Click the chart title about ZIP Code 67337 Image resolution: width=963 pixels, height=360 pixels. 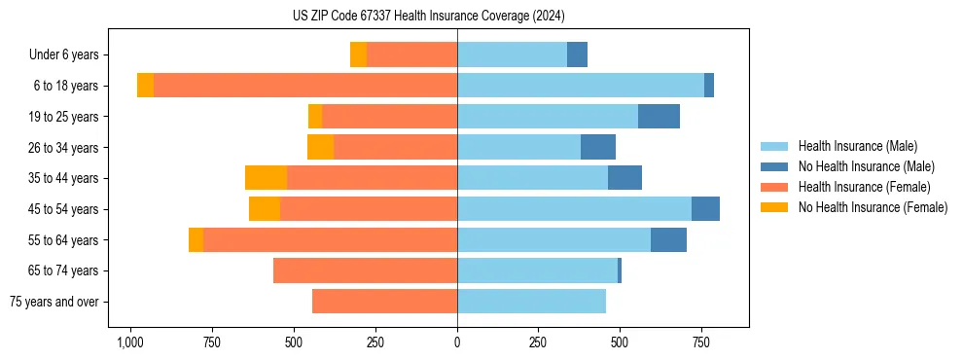pos(428,17)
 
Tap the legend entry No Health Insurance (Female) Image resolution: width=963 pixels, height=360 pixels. pos(873,207)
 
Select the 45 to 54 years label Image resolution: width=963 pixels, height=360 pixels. pos(64,209)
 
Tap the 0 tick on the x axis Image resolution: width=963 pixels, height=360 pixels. pos(457,342)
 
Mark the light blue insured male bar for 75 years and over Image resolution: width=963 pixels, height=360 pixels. pos(531,302)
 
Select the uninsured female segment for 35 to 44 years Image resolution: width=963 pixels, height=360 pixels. pos(266,178)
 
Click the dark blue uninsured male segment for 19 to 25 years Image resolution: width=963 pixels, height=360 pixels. pos(659,117)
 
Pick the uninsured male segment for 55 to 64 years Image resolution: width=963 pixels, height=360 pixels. pos(668,239)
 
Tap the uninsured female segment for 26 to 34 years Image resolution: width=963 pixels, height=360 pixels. pos(320,147)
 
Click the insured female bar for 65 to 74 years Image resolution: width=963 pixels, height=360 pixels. pos(365,270)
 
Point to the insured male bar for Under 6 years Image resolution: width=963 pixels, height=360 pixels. pos(512,55)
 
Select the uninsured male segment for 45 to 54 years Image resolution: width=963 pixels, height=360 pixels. pos(705,209)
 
